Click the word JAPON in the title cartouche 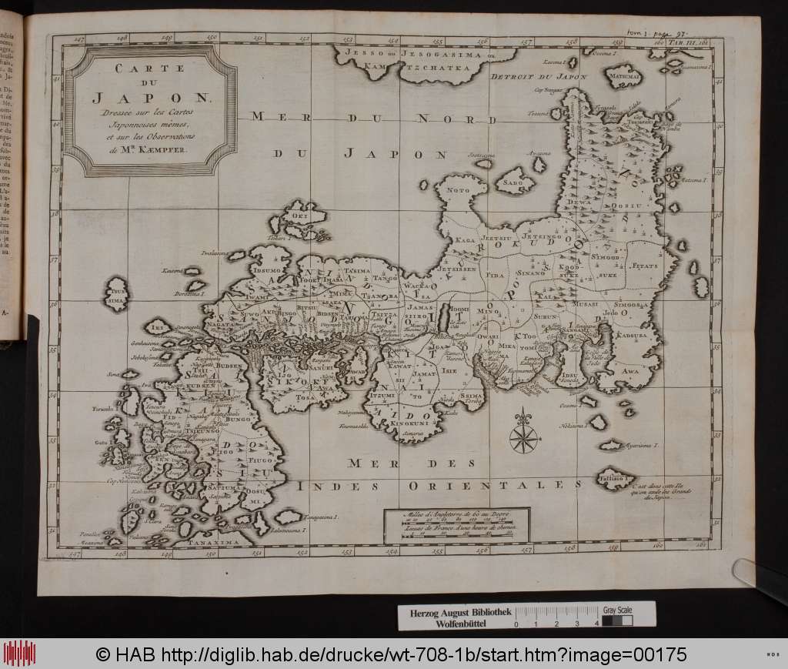(x=149, y=98)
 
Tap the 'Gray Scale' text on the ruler (x=619, y=608)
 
